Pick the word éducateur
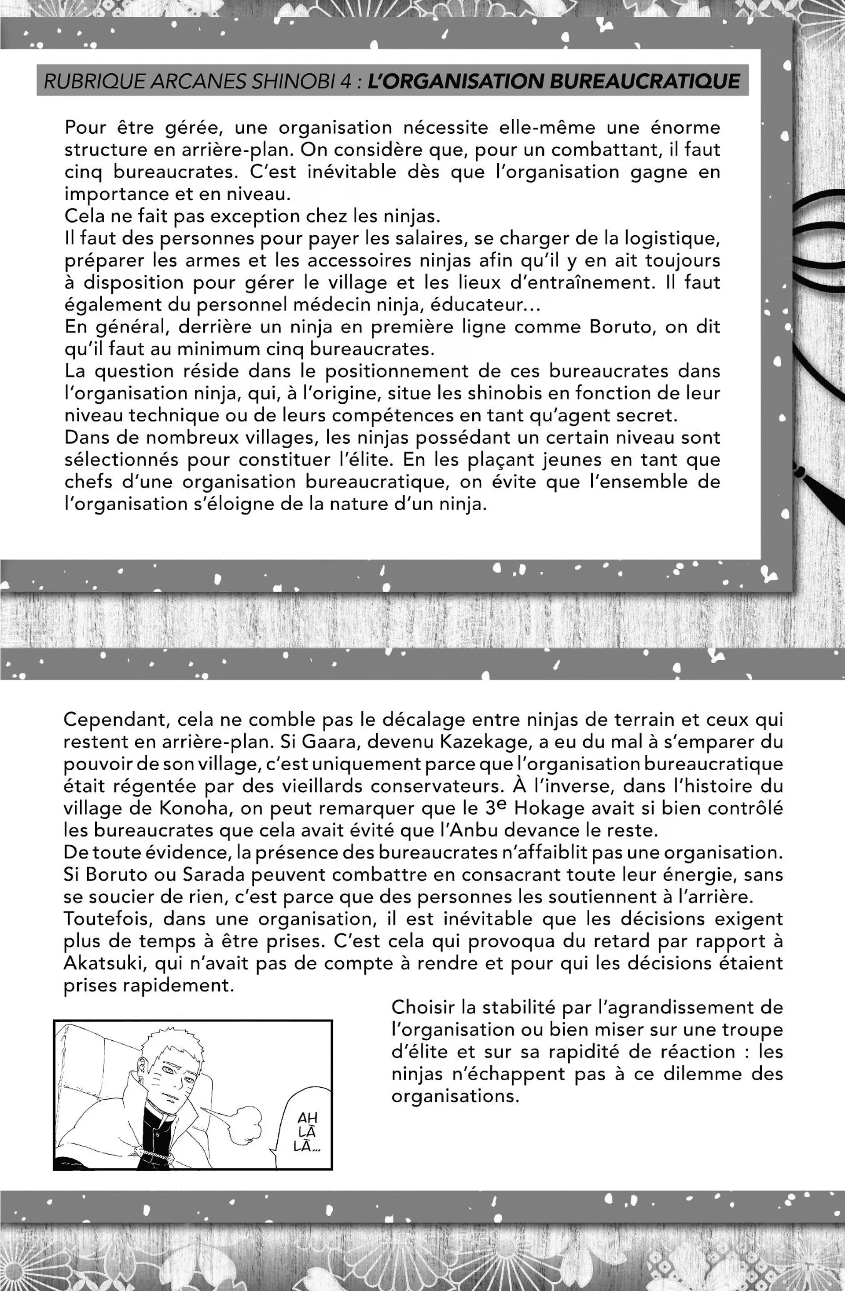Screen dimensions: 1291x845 (x=478, y=305)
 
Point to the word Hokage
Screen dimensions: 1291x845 (x=547, y=808)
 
